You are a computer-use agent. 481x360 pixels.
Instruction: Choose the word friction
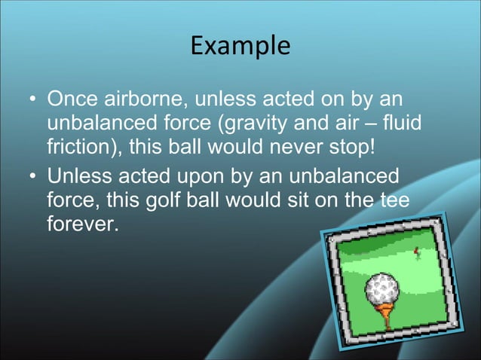(x=80, y=144)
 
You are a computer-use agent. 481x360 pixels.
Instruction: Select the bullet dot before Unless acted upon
(x=32, y=178)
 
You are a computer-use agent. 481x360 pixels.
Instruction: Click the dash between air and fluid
(x=365, y=123)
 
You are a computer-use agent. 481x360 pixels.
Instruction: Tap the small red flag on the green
(x=415, y=250)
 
